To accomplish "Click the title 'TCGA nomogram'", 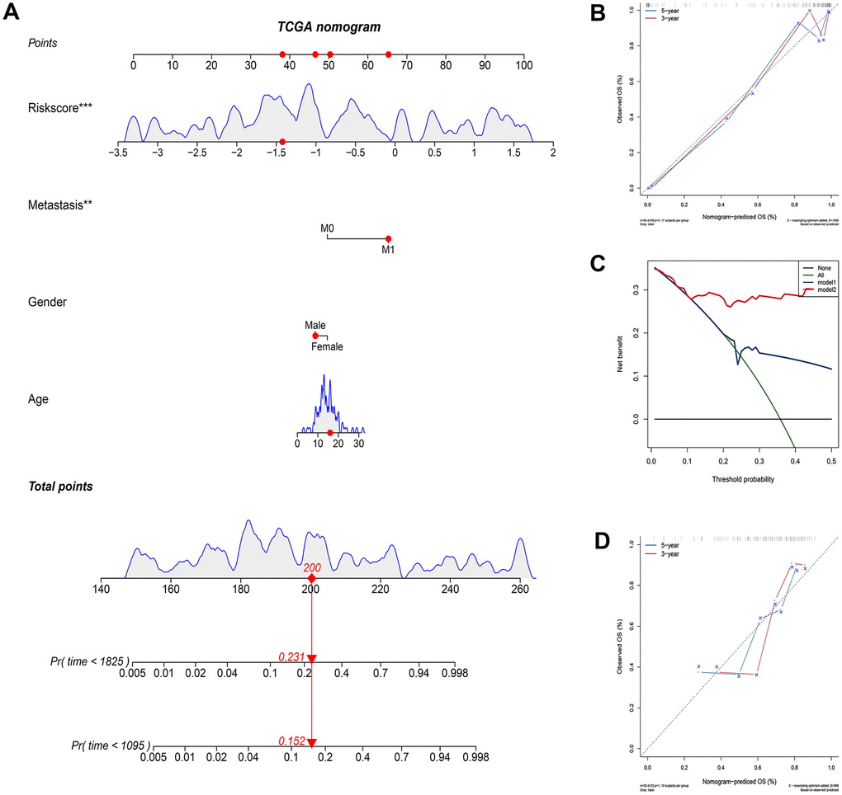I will pyautogui.click(x=329, y=26).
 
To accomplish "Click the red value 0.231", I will pyautogui.click(x=291, y=656).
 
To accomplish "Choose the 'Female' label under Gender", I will pyautogui.click(x=327, y=346).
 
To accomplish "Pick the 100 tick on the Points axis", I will pyautogui.click(x=523, y=67).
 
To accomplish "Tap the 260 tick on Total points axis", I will pyautogui.click(x=520, y=590).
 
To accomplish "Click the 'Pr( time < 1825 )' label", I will pyautogui.click(x=86, y=661).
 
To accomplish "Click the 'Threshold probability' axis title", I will pyautogui.click(x=740, y=478).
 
